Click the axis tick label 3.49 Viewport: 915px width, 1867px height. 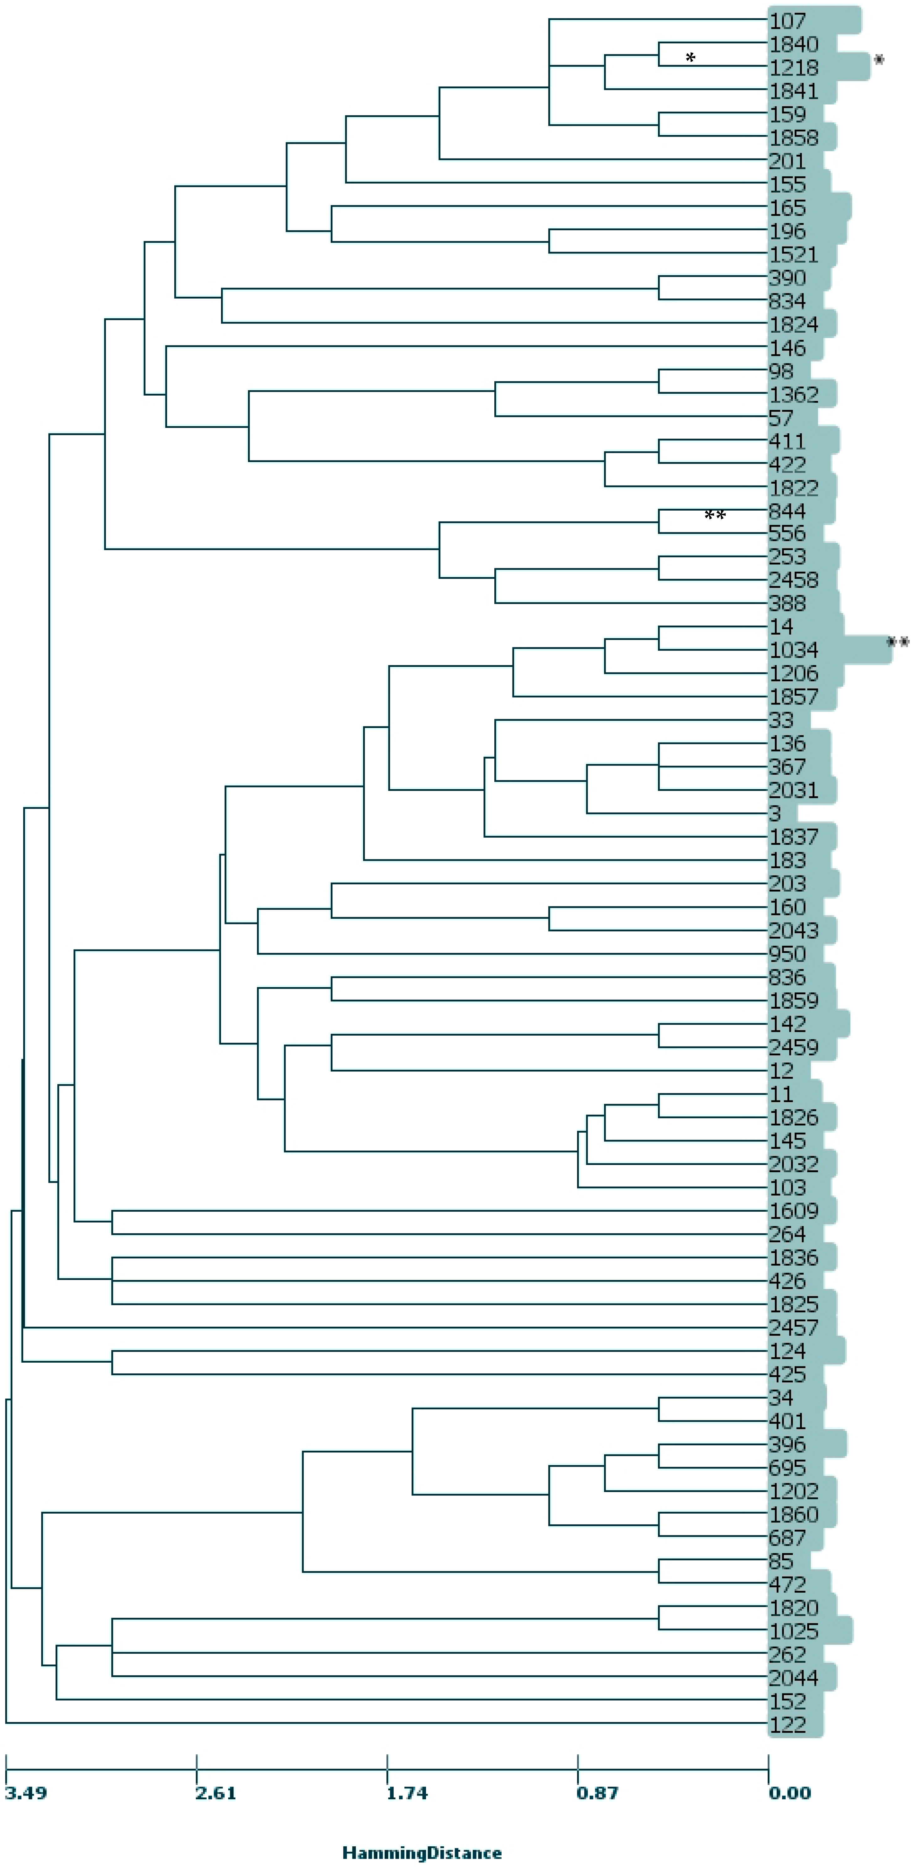coord(26,1794)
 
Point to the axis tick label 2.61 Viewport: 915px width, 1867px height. coord(216,1794)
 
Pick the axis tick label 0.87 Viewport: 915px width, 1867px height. coord(597,1794)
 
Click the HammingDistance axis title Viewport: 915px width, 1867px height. coord(422,1853)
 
